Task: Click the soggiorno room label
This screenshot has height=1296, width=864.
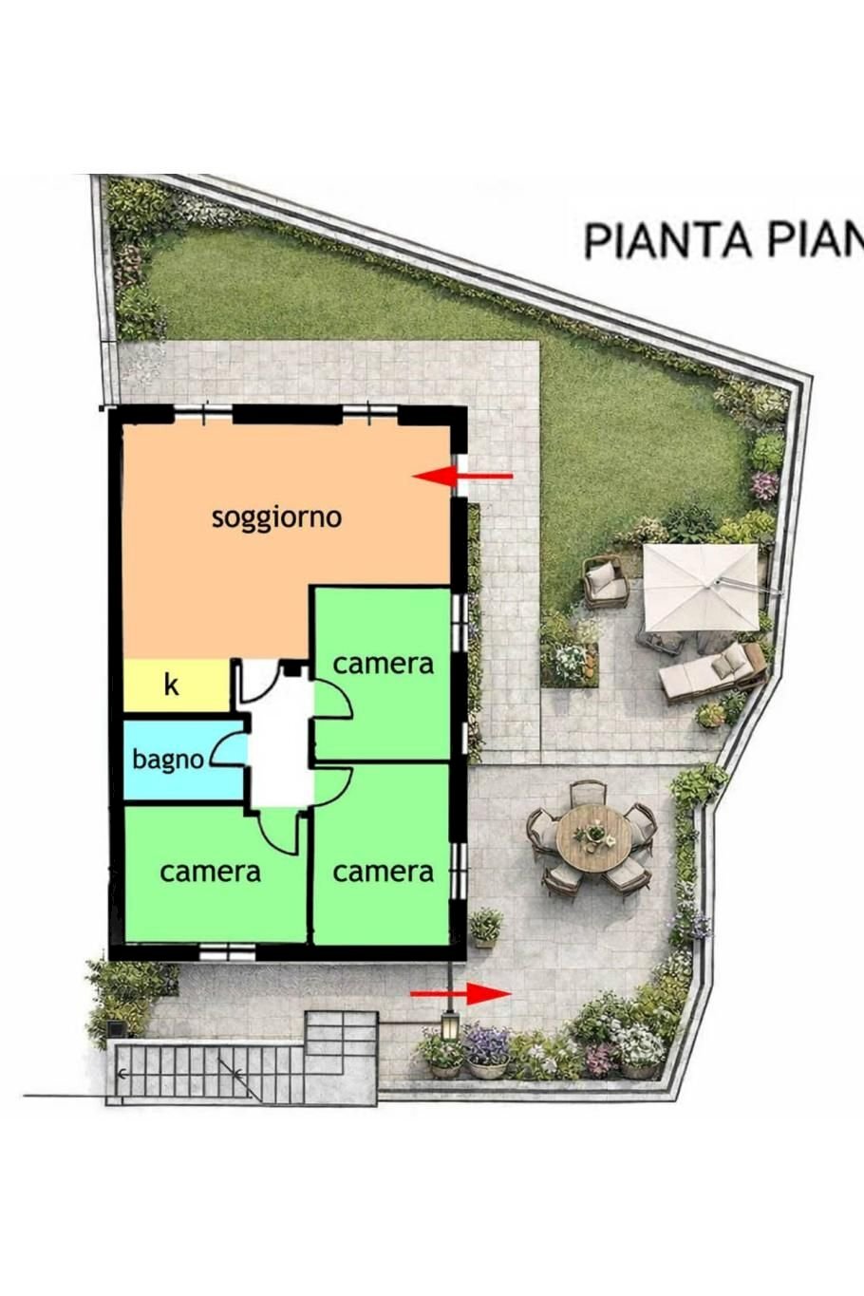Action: coord(276,517)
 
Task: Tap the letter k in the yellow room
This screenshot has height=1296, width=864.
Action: coord(171,684)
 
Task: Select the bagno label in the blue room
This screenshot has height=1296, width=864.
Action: coord(167,760)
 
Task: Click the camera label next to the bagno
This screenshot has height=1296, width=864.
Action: coord(383,664)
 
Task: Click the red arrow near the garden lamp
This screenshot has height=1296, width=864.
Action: coord(461,994)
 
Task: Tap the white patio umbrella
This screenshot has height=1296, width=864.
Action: coord(701,587)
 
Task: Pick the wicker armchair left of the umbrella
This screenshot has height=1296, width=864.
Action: coord(605,582)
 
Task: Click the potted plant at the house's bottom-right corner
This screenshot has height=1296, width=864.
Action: coord(486,926)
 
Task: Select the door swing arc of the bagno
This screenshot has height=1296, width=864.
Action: coord(226,750)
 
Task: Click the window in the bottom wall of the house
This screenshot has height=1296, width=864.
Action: coord(228,950)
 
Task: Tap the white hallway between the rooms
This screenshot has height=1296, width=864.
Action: coord(280,750)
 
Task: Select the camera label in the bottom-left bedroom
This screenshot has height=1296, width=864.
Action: coord(210,872)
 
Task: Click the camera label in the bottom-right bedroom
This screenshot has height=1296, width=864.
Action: coord(383,872)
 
